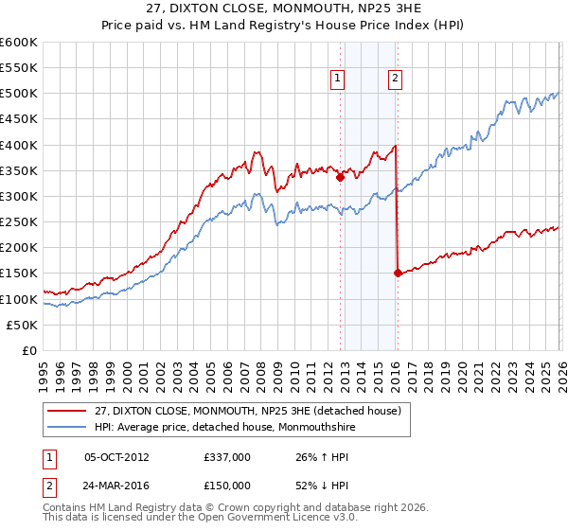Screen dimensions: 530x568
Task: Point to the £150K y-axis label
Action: (19, 274)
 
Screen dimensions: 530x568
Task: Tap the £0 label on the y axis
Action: (28, 350)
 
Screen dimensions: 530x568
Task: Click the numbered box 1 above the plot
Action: (338, 79)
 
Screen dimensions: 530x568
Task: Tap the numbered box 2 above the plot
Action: (395, 79)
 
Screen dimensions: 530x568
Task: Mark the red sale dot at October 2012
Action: (340, 175)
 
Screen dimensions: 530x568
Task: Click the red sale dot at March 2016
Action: (398, 273)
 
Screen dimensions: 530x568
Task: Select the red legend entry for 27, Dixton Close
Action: (247, 410)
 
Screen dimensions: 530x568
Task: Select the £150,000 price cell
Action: (227, 486)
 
